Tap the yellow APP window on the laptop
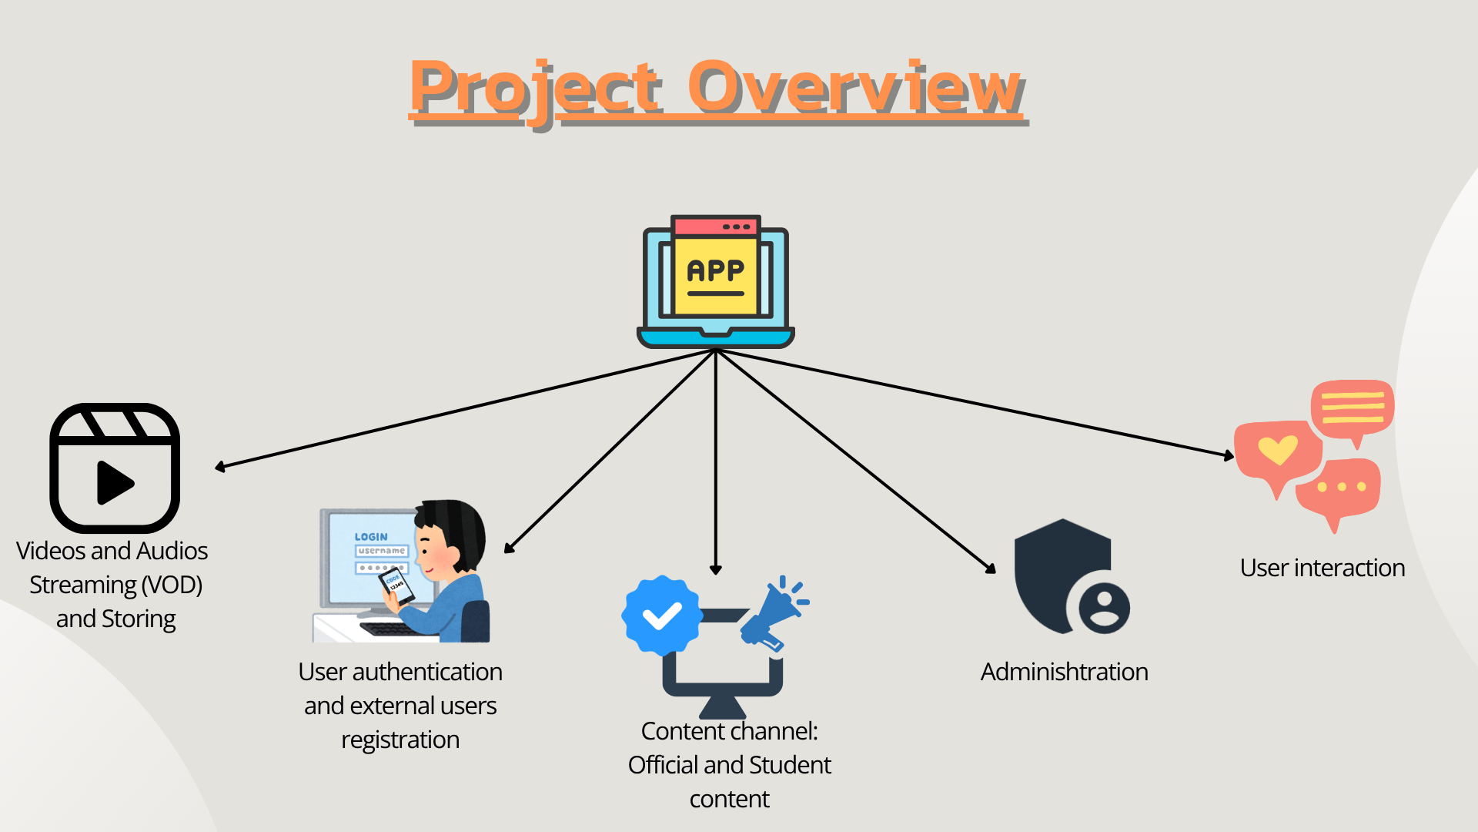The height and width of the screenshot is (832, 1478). pyautogui.click(x=716, y=274)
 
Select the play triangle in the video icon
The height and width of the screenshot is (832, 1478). pyautogui.click(x=115, y=483)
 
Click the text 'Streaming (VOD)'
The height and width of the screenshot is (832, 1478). pyautogui.click(x=115, y=585)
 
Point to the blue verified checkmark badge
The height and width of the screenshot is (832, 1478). pyautogui.click(x=661, y=616)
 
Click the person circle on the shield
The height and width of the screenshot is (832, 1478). pyautogui.click(x=1104, y=608)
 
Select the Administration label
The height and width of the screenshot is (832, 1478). pyautogui.click(x=1064, y=672)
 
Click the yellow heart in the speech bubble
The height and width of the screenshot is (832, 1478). pyautogui.click(x=1278, y=450)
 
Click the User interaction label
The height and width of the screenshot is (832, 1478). pyautogui.click(x=1322, y=568)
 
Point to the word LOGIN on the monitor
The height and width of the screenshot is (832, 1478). pyautogui.click(x=371, y=536)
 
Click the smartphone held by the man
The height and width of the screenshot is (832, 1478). pyautogui.click(x=396, y=586)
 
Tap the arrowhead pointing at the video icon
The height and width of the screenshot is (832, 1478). pyautogui.click(x=221, y=467)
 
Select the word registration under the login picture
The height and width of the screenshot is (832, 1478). pyautogui.click(x=400, y=740)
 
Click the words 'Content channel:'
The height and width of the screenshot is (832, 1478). pyautogui.click(x=729, y=731)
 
